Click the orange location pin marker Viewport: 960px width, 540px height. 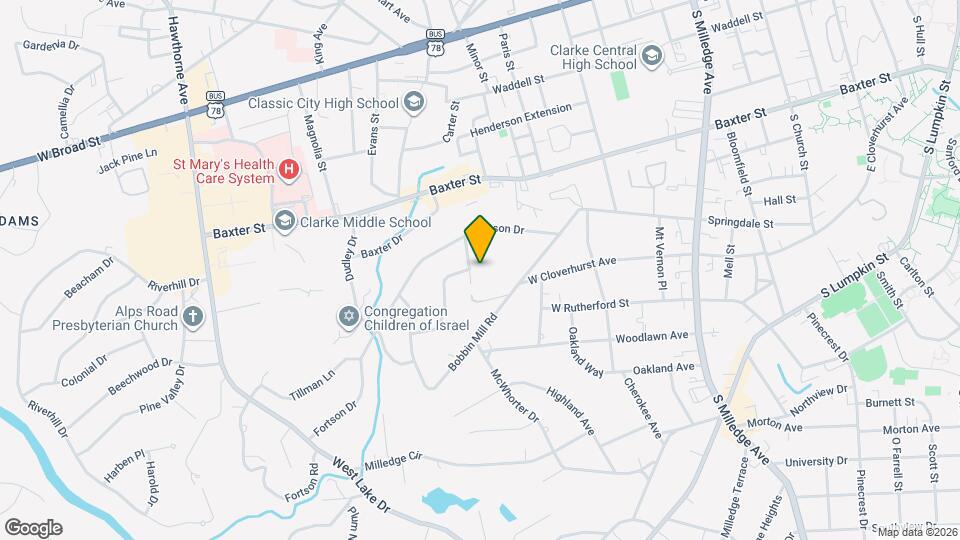point(481,238)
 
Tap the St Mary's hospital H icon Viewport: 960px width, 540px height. point(289,169)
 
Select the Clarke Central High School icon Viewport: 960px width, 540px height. point(652,54)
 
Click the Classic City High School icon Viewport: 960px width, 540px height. point(413,102)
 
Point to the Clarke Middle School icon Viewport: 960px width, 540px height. point(285,222)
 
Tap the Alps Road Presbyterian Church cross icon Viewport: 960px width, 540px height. point(194,317)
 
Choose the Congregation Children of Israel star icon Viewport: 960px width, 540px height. point(348,316)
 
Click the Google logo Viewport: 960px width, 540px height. point(33,527)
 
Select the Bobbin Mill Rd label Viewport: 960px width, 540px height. point(474,345)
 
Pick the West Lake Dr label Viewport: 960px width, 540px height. point(361,489)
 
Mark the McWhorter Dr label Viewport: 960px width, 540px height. point(515,395)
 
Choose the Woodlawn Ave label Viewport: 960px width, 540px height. point(652,337)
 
